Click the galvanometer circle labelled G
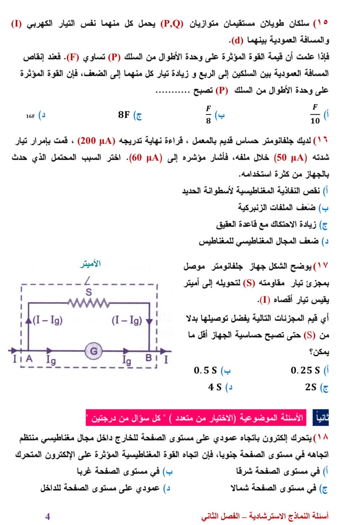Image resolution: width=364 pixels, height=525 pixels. (93, 351)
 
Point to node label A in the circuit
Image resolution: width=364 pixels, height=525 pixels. (29, 359)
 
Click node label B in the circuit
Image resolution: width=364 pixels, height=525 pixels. (149, 358)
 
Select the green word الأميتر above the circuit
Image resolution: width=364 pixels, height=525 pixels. (90, 264)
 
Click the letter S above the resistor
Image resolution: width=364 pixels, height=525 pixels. (88, 292)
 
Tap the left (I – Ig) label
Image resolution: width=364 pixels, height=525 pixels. (48, 320)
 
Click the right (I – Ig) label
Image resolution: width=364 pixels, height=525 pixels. (127, 320)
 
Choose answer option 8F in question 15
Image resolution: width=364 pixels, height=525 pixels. (124, 115)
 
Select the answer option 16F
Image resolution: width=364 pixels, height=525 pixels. (30, 116)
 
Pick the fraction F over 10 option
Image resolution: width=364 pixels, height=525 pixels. (315, 114)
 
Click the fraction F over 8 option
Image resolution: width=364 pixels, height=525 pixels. (209, 114)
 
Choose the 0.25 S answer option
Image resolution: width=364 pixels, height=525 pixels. (305, 370)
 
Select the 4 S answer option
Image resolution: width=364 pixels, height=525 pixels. (215, 387)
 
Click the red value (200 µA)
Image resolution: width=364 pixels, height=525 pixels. (96, 141)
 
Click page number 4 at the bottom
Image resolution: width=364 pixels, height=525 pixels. (47, 516)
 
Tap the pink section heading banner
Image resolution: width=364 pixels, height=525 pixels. (196, 418)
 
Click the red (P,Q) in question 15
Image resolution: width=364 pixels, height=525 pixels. (172, 24)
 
